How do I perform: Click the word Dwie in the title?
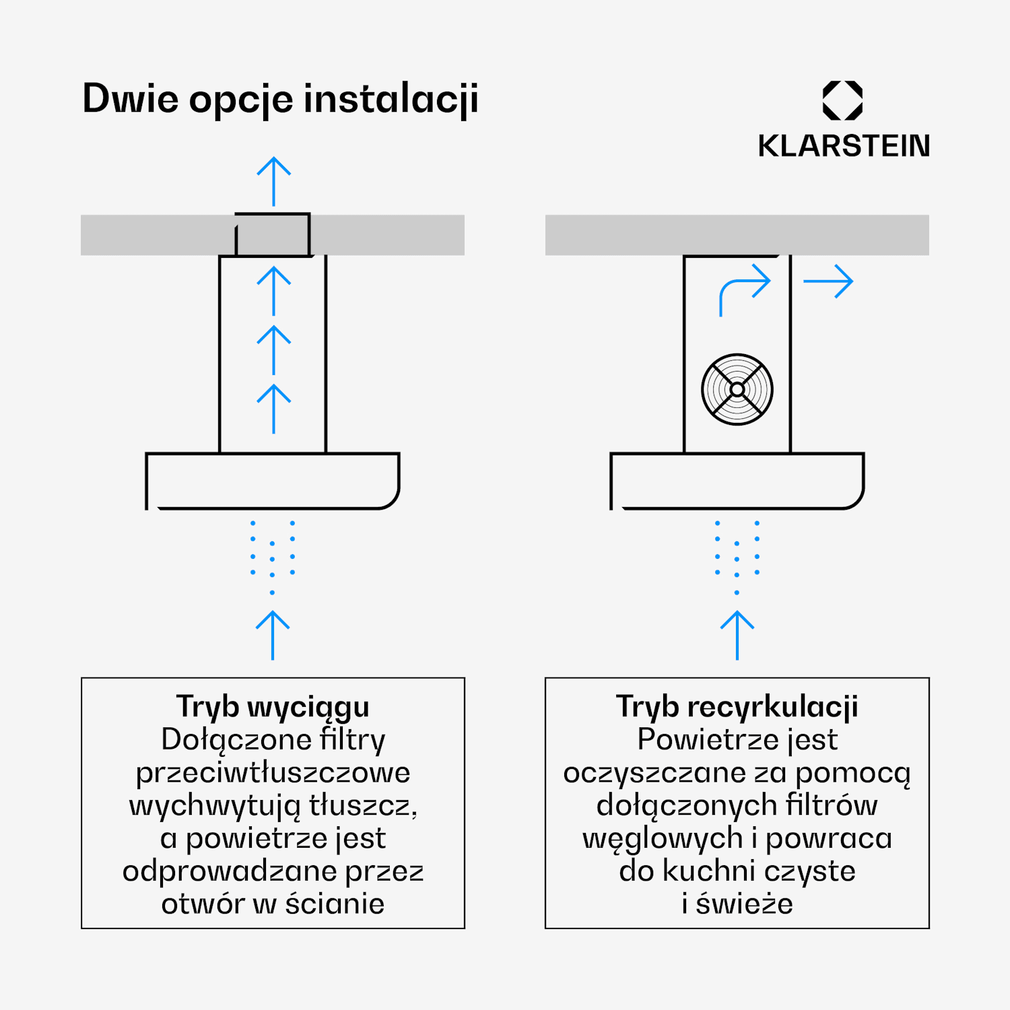[131, 99]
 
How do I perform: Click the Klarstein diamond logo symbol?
[842, 100]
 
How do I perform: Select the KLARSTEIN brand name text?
[844, 145]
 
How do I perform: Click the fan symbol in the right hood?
[737, 389]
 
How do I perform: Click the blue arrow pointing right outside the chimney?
[828, 281]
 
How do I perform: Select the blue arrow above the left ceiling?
[273, 182]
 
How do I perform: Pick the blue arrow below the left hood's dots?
[273, 635]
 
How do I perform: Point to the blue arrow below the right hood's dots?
[737, 635]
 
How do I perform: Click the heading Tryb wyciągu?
[273, 707]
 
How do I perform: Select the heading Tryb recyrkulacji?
[737, 707]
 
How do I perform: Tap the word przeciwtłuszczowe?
[273, 773]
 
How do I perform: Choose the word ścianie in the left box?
[335, 904]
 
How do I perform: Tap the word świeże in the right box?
[744, 904]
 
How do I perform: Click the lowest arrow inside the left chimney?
[273, 409]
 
